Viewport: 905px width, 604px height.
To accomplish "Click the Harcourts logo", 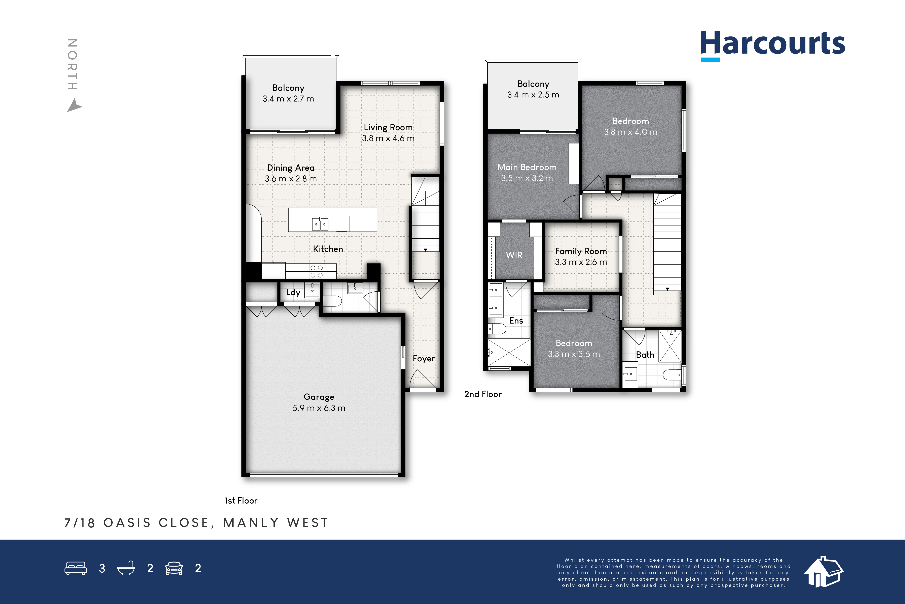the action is [772, 45].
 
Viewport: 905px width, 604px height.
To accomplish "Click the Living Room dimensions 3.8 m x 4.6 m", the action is [388, 138].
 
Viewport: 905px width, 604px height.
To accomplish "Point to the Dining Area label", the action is [291, 168].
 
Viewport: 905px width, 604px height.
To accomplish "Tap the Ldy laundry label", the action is [293, 292].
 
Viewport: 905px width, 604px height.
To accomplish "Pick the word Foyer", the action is [424, 359].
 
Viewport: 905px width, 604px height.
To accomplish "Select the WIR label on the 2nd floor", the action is [514, 255].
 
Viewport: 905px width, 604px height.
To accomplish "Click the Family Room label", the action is [581, 251].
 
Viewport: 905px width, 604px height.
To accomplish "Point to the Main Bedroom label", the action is [527, 167].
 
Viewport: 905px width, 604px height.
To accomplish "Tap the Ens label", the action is [516, 321].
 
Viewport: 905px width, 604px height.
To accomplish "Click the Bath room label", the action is [645, 355].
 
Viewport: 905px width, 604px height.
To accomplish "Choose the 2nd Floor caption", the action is [483, 394].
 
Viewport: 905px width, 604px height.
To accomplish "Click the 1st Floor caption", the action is [241, 500].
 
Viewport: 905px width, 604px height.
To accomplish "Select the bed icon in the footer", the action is [76, 568].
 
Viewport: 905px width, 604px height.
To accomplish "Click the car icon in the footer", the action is [174, 568].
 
